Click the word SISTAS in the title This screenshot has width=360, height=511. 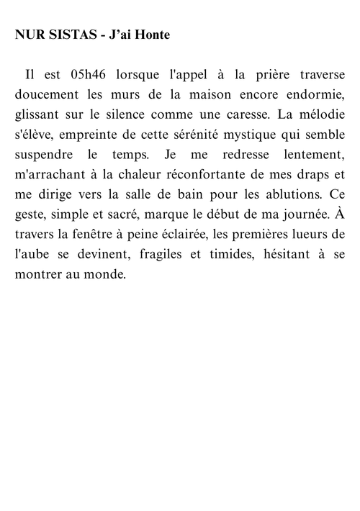[68, 35]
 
